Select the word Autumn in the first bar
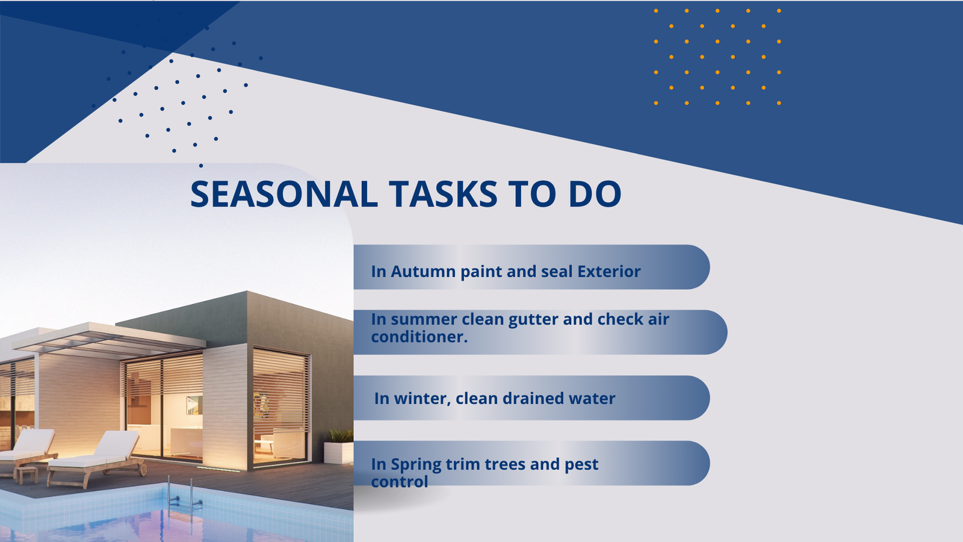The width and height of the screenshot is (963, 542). click(423, 272)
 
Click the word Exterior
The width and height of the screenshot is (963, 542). click(608, 272)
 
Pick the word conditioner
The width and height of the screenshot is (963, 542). click(419, 337)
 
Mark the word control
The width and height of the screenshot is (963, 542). click(400, 482)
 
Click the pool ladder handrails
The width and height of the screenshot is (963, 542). click(185, 494)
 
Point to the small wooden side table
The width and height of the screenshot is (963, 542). click(26, 473)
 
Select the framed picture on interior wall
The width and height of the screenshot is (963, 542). click(194, 405)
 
